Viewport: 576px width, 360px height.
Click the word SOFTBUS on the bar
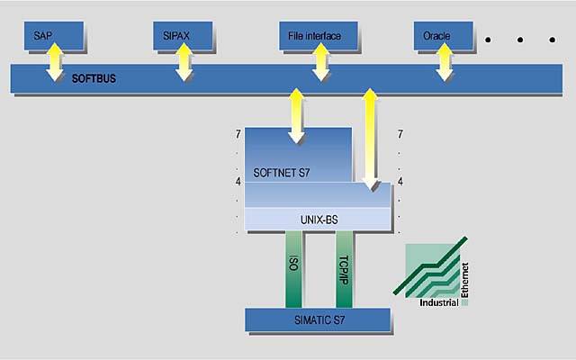coord(94,78)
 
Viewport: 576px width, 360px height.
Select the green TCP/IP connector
coord(345,268)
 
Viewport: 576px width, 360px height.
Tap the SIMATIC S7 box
coord(318,319)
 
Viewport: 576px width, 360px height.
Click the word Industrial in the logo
coord(438,302)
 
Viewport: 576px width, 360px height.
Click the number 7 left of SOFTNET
coord(238,134)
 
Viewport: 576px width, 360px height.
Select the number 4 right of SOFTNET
coord(400,182)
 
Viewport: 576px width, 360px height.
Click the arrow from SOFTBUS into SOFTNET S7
coord(296,115)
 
